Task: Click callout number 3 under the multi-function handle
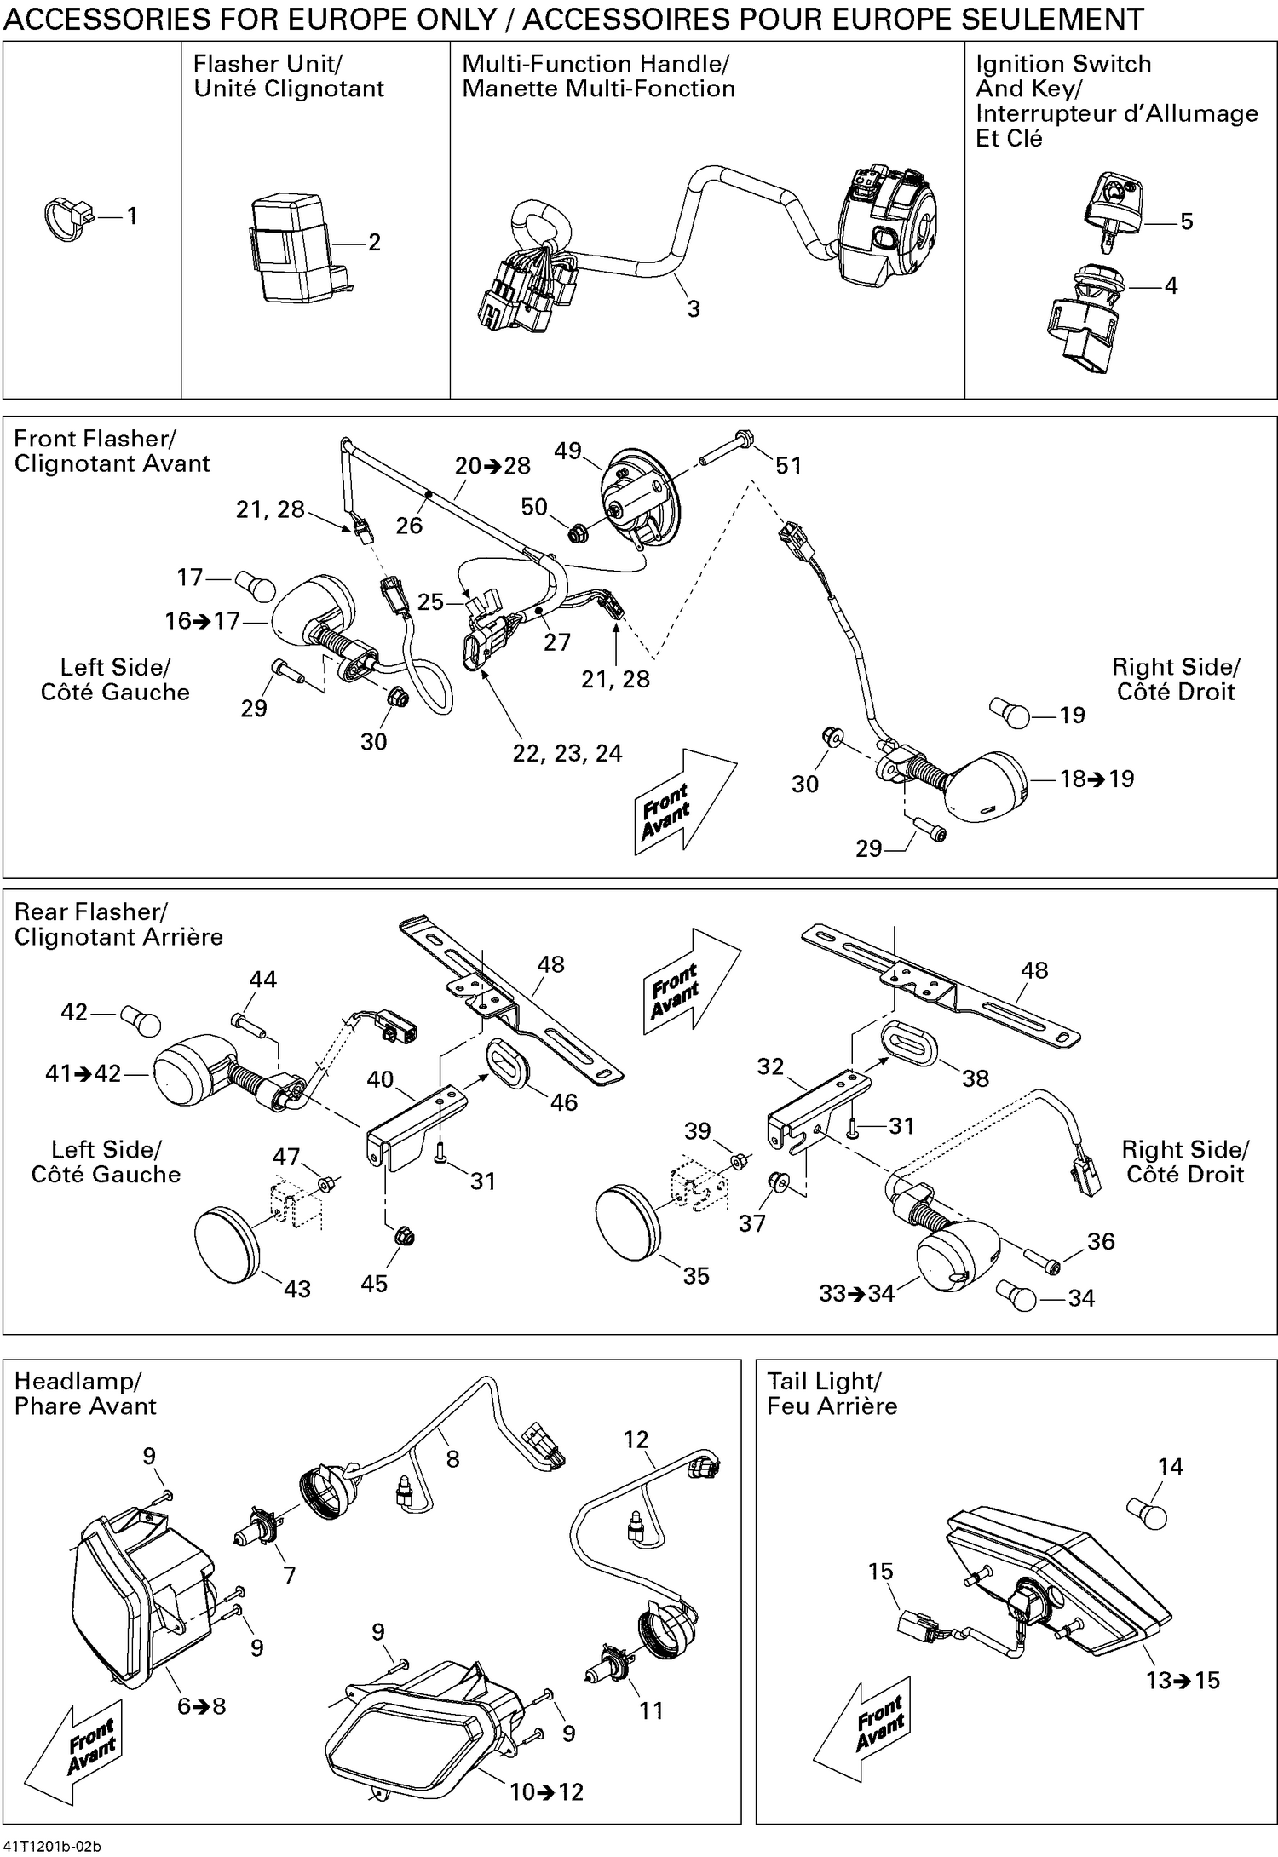pyautogui.click(x=694, y=309)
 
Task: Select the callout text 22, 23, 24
pyautogui.click(x=567, y=753)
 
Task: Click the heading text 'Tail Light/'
pyautogui.click(x=823, y=1381)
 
